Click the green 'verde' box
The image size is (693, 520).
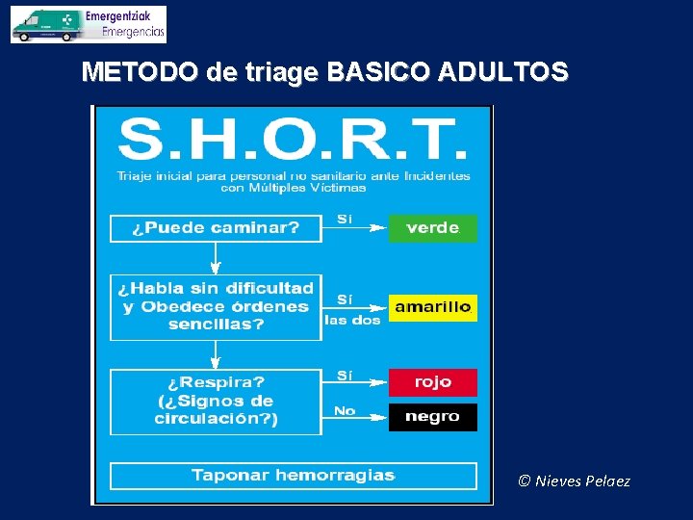432,228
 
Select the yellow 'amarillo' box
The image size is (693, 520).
432,307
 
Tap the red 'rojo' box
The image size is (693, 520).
432,382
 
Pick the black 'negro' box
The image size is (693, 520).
432,417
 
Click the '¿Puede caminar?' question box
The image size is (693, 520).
216,228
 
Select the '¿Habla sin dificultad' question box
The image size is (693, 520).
216,306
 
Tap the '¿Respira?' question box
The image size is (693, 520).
216,401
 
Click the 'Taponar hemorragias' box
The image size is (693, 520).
293,476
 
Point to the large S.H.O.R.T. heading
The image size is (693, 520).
293,141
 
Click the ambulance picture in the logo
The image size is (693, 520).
45,25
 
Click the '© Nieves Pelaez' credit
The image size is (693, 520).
574,481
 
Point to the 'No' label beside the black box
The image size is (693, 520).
345,411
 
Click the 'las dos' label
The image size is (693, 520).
352,321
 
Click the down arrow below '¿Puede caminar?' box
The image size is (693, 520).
216,258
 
